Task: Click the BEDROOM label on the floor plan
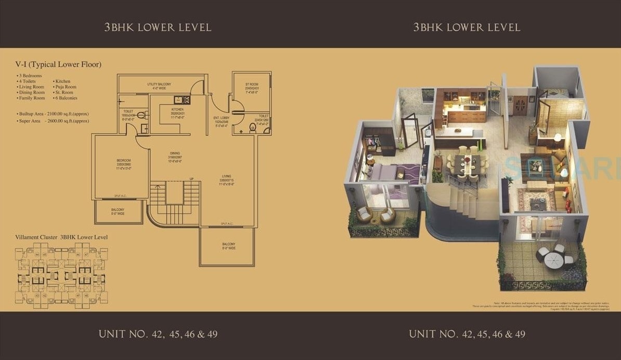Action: [124, 160]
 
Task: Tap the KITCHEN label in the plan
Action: [178, 110]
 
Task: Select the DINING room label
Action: [174, 152]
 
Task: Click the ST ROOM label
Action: [252, 84]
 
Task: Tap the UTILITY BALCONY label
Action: [159, 84]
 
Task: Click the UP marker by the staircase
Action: [191, 179]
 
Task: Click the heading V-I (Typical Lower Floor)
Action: [58, 65]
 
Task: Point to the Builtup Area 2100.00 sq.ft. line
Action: [53, 113]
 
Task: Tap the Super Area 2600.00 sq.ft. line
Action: [53, 121]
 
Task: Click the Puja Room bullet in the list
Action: [65, 87]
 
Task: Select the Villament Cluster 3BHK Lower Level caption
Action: [61, 237]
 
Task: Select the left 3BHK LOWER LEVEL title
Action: [158, 27]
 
